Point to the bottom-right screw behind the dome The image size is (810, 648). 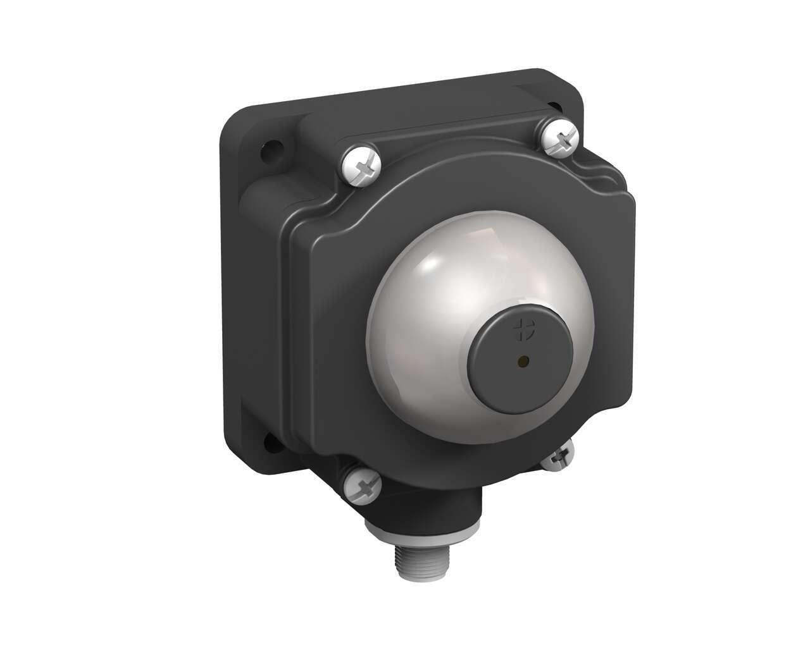point(559,455)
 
